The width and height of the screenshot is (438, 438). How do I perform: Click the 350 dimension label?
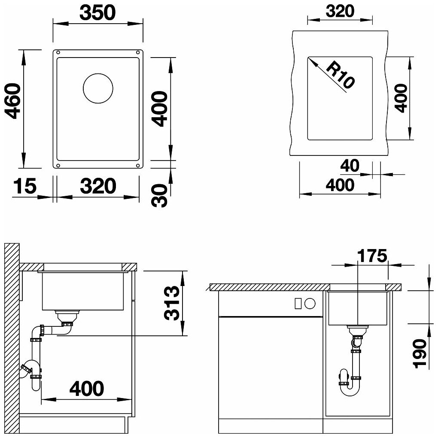(97, 12)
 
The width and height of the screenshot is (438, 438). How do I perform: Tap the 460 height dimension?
(13, 101)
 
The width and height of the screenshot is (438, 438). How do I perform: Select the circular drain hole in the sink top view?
(98, 88)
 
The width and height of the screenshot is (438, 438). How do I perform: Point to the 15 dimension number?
(25, 186)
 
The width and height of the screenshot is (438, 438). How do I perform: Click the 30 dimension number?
(159, 195)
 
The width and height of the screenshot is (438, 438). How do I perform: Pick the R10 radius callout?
(340, 75)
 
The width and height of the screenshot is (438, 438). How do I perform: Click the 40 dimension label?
(350, 166)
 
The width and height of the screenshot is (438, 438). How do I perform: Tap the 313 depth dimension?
(171, 303)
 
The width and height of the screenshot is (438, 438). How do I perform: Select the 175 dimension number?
(372, 256)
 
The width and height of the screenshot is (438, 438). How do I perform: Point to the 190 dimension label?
(420, 354)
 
